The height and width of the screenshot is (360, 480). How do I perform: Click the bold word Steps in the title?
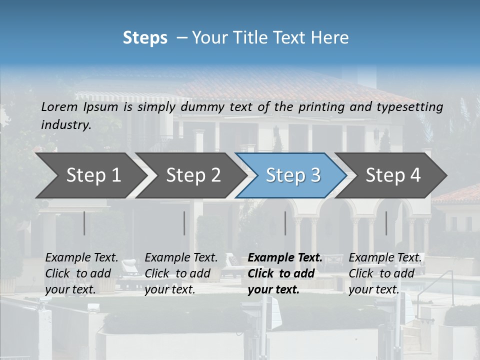click(x=145, y=38)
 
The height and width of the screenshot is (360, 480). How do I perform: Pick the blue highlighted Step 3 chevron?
click(x=293, y=175)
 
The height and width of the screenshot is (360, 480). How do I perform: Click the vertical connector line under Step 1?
click(x=84, y=223)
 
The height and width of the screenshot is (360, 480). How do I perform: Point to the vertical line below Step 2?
click(x=184, y=223)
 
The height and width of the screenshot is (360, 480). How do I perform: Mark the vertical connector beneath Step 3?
click(x=285, y=223)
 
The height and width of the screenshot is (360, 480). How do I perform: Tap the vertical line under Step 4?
click(x=386, y=223)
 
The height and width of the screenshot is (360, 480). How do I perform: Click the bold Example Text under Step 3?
click(x=285, y=273)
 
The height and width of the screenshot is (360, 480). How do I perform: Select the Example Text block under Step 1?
click(x=81, y=273)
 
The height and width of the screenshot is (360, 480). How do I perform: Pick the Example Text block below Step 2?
click(x=181, y=273)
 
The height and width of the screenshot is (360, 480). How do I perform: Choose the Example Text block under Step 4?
click(x=385, y=273)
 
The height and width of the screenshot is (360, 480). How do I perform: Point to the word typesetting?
click(x=413, y=106)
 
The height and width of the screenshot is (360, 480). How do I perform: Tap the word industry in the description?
click(x=66, y=125)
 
